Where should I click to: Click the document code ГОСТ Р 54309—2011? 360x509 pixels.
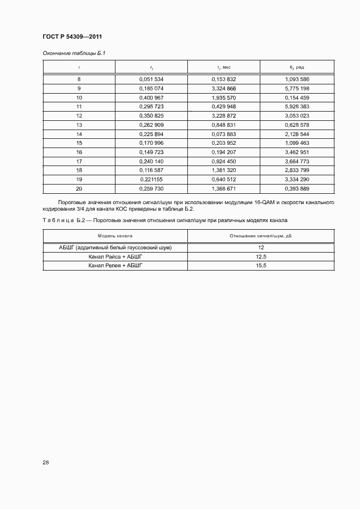point(72,37)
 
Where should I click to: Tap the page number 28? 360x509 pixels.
point(46,463)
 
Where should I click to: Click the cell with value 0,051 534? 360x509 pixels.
point(151,79)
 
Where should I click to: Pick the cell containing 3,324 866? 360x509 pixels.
point(224,88)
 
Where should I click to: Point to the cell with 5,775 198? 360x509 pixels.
point(297,88)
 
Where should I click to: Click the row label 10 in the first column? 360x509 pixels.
point(79,97)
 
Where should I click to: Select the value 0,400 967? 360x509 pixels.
point(151,97)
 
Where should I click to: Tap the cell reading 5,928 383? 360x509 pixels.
point(297,106)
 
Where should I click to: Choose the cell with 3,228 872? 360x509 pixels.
point(224,115)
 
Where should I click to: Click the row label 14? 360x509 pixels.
point(79,133)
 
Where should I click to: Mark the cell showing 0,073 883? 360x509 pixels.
point(224,133)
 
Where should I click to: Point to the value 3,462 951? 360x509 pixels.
point(297,152)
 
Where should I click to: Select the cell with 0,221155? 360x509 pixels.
point(151,179)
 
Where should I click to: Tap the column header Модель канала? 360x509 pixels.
point(115,236)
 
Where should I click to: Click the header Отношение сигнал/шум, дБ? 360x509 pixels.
point(261,236)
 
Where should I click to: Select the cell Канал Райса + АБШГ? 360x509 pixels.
point(115,256)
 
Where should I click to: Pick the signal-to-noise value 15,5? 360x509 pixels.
point(261,266)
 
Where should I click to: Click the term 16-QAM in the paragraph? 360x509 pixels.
point(264,202)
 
